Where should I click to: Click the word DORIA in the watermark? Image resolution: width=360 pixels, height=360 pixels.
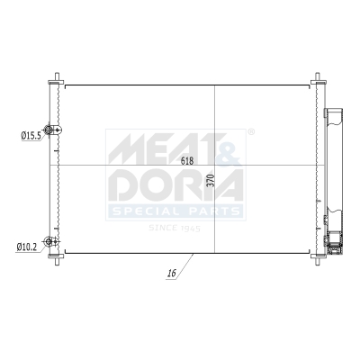(175, 184)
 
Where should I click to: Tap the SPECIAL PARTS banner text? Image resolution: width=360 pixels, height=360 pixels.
(176, 211)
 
